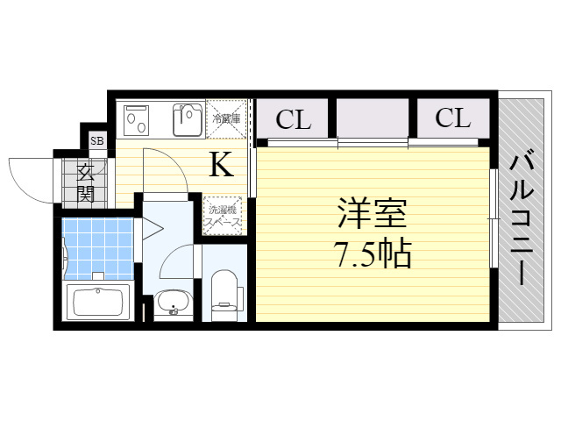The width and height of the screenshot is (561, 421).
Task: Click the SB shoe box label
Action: [x=97, y=140]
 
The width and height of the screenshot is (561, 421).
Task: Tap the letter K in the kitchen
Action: [x=222, y=164]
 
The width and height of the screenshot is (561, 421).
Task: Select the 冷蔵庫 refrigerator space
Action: [x=226, y=119]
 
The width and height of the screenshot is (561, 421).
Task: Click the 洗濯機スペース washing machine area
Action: [x=223, y=216]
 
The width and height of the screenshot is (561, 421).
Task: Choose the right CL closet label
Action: [x=452, y=118]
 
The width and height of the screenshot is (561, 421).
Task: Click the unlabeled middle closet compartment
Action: [x=373, y=118]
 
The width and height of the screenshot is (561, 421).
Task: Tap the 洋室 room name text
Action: [x=373, y=213]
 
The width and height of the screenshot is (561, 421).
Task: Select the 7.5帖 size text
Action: [x=373, y=254]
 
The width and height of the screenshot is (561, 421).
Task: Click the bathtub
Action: [x=98, y=302]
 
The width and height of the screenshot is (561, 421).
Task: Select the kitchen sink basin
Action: [x=188, y=120]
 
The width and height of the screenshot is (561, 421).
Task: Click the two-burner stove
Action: [x=136, y=120]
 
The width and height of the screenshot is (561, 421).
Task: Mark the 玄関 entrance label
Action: [x=86, y=183]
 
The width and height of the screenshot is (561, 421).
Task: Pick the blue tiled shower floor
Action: [x=97, y=248]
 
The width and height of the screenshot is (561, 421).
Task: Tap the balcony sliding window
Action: [x=494, y=218]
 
